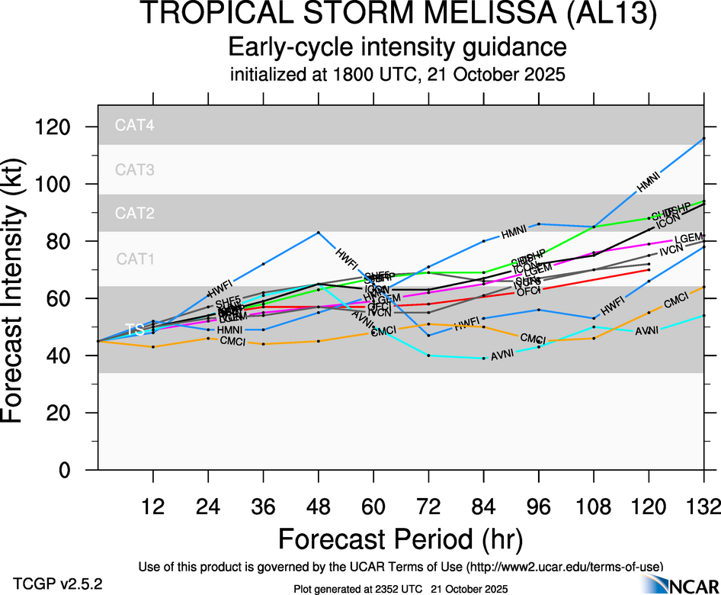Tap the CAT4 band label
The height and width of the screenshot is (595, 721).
pos(135,127)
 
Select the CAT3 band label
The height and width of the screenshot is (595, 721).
pos(135,170)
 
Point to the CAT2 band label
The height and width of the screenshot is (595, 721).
pos(135,214)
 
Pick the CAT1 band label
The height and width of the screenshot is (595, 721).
pos(135,259)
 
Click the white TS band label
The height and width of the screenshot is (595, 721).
pos(135,330)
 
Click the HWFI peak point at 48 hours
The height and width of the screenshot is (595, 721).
pos(318,232)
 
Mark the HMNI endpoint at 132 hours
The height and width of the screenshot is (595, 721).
pos(703,138)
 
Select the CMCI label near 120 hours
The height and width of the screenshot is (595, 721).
pos(677,303)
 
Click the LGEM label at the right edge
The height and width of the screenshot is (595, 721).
pos(689,239)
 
